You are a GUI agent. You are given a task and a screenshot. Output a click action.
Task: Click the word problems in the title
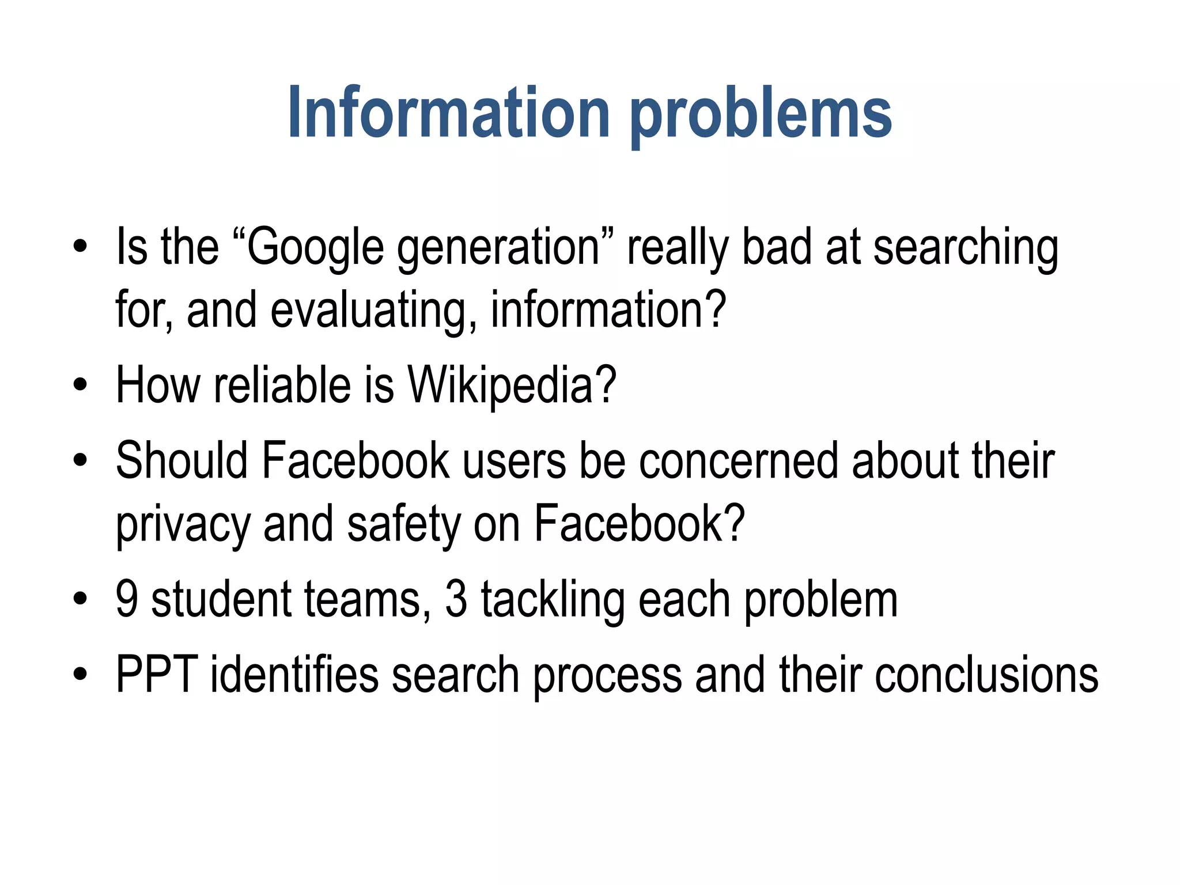click(x=761, y=115)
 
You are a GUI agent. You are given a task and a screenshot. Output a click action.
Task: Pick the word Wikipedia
click(x=512, y=386)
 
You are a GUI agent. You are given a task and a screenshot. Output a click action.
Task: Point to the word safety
click(x=403, y=524)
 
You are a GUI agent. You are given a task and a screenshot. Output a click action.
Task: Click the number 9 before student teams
click(x=127, y=599)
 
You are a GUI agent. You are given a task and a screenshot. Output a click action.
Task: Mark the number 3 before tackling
click(x=456, y=599)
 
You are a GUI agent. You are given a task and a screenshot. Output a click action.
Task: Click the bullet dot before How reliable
click(x=80, y=385)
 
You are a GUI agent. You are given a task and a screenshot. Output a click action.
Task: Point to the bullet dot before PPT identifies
click(x=80, y=674)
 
